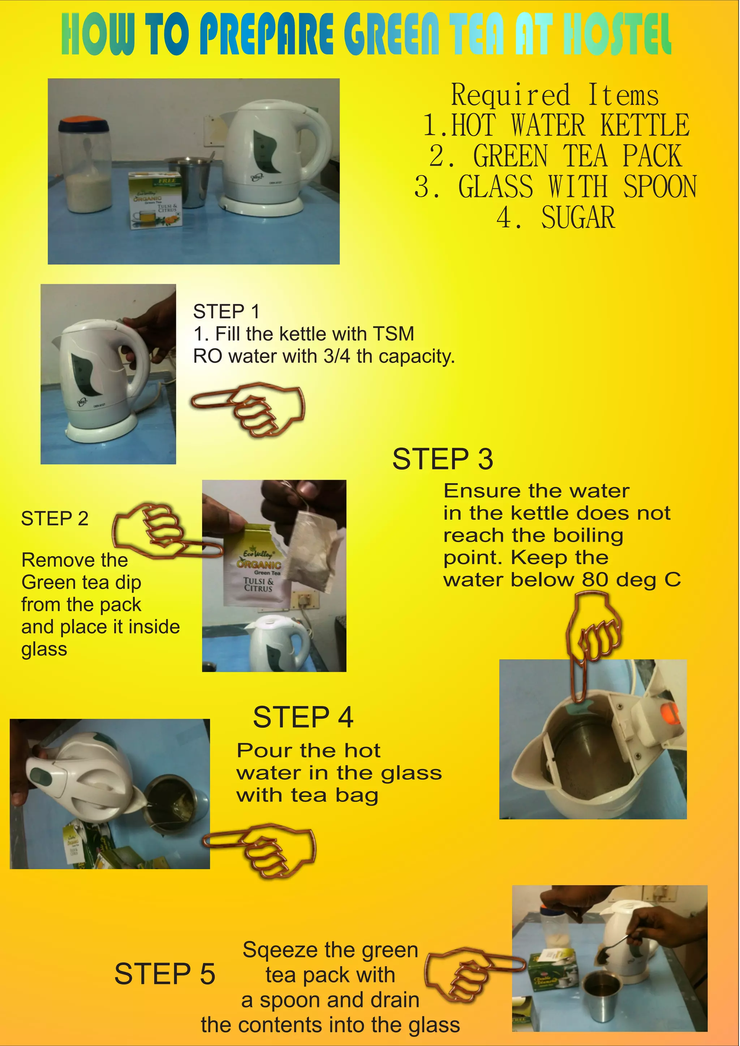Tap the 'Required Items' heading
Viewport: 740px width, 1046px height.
pos(555,95)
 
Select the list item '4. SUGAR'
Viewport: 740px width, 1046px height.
pos(555,217)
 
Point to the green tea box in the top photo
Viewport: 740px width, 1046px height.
pos(156,200)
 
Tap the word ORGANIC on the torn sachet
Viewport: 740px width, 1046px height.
pos(258,564)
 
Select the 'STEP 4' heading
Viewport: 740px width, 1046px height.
pos(303,717)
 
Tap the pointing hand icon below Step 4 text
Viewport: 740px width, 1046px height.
pos(259,851)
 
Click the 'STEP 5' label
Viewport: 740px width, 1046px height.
pos(164,974)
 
